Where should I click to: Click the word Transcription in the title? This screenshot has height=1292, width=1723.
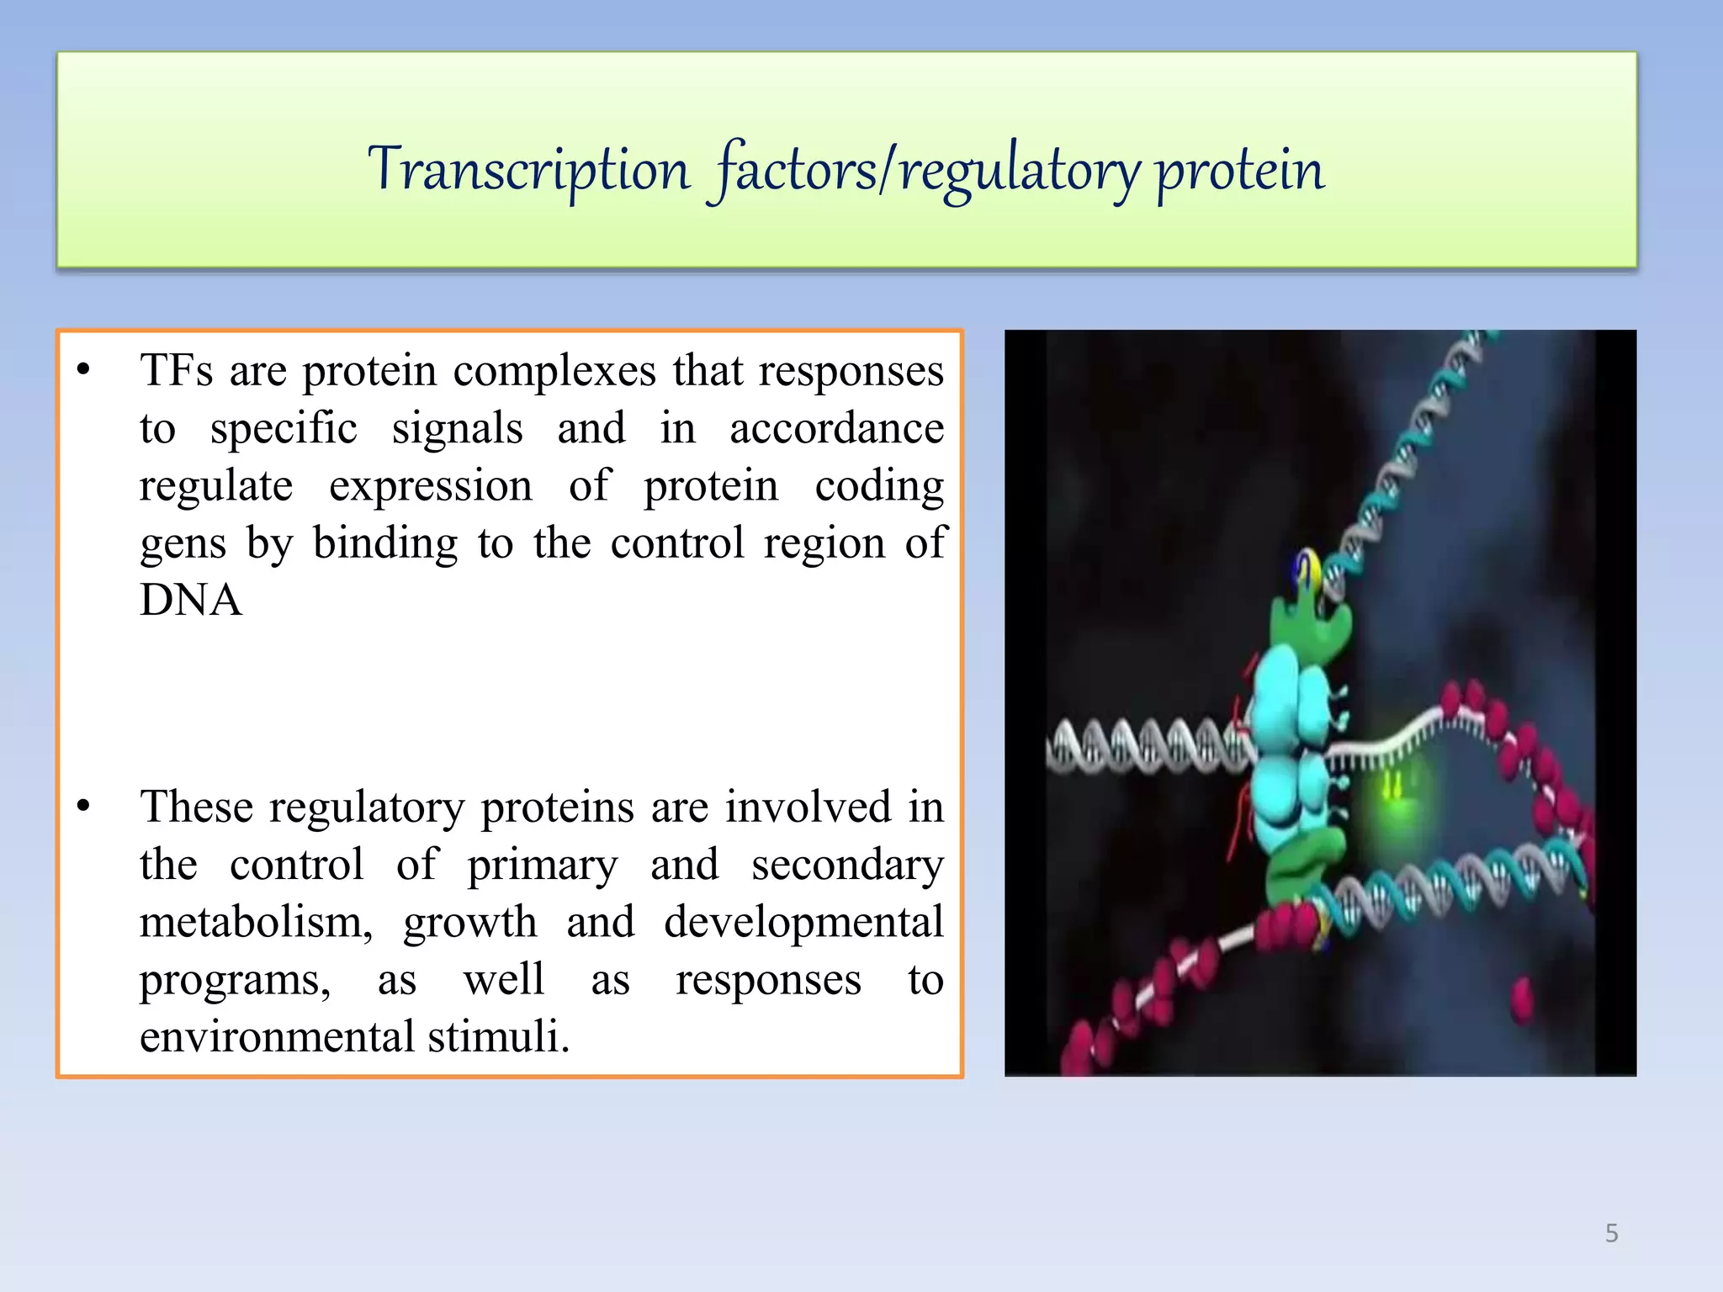pyautogui.click(x=528, y=170)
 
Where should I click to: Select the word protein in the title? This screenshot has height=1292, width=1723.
pyautogui.click(x=1240, y=170)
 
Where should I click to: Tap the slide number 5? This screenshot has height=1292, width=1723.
pyautogui.click(x=1611, y=1233)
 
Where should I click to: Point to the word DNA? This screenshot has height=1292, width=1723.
pyautogui.click(x=191, y=601)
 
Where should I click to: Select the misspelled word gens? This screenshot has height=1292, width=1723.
pyautogui.click(x=183, y=543)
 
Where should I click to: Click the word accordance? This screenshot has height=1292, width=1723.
pyautogui.click(x=836, y=428)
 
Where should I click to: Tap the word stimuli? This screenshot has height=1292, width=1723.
pyautogui.click(x=498, y=1036)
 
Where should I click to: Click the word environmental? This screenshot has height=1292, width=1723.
pyautogui.click(x=277, y=1036)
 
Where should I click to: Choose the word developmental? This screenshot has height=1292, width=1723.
pyautogui.click(x=803, y=922)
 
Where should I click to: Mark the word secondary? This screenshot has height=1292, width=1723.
pyautogui.click(x=847, y=865)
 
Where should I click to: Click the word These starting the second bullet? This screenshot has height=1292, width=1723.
pyautogui.click(x=196, y=807)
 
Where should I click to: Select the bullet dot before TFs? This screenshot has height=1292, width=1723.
pyautogui.click(x=82, y=370)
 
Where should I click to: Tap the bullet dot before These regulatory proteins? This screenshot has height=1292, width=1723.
pyautogui.click(x=82, y=807)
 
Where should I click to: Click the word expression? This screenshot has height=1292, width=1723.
pyautogui.click(x=430, y=486)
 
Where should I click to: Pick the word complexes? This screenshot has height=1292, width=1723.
pyautogui.click(x=554, y=370)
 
